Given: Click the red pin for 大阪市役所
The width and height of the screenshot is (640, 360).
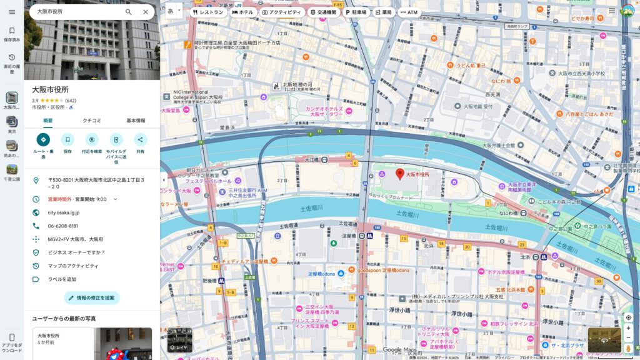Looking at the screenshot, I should pyautogui.click(x=400, y=174).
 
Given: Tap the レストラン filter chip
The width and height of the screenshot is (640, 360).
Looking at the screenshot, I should pyautogui.click(x=208, y=12).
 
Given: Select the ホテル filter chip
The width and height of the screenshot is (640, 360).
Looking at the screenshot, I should pyautogui.click(x=242, y=12).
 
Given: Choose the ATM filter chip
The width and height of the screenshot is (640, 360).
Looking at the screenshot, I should pyautogui.click(x=409, y=12).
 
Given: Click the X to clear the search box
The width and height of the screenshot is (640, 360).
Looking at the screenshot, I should pyautogui.click(x=146, y=12).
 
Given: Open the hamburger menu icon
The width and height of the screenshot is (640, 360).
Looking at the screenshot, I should pyautogui.click(x=12, y=12).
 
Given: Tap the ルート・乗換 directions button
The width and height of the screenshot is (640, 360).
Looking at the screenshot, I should pyautogui.click(x=43, y=140).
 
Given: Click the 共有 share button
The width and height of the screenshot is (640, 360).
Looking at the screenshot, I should pyautogui.click(x=140, y=140).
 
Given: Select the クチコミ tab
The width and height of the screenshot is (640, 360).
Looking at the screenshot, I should pyautogui.click(x=91, y=121).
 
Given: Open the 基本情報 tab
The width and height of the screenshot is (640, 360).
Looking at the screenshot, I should pyautogui.click(x=136, y=121).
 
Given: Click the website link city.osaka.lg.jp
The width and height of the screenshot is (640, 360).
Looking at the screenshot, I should pyautogui.click(x=64, y=212).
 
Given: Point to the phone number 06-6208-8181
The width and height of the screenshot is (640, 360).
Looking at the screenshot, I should pyautogui.click(x=63, y=226).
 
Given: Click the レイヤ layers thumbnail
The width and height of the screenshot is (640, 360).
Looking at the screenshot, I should pyautogui.click(x=179, y=340).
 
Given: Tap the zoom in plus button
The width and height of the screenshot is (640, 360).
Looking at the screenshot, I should pyautogui.click(x=628, y=328).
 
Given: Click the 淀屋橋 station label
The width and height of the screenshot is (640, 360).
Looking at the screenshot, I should pyautogui.click(x=348, y=236).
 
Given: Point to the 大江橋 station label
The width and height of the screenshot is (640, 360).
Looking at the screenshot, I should pyautogui.click(x=311, y=160).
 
